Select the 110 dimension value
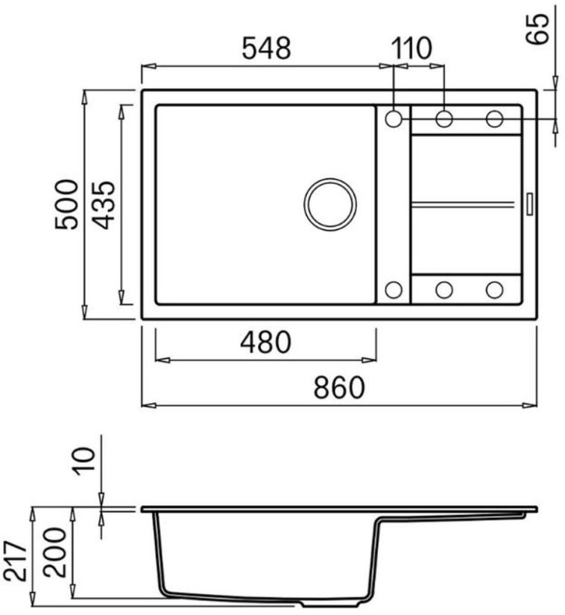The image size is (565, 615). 412,49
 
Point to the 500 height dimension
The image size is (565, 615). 66,205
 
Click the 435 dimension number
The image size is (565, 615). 103,205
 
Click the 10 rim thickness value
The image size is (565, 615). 84,459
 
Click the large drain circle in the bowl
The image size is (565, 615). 330,204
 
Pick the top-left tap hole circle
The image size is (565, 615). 394,118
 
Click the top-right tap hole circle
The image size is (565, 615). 495,118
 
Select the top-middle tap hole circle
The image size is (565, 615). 444,118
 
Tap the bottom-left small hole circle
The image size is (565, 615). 394,290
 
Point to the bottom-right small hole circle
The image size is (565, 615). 495,290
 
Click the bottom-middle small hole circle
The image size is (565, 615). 444,290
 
